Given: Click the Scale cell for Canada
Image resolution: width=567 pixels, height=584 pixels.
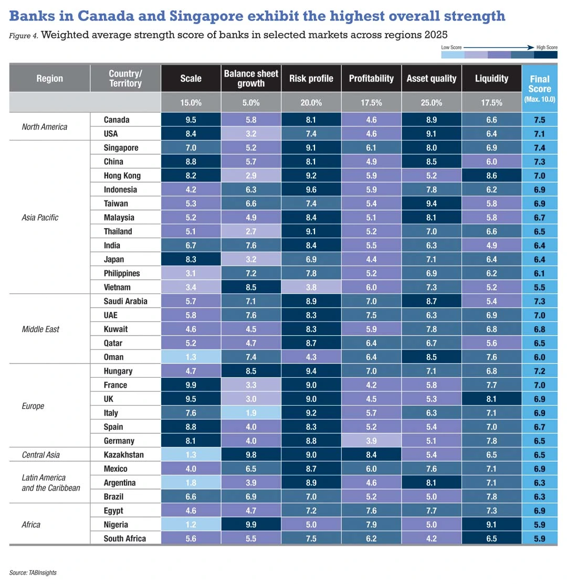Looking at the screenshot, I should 191,120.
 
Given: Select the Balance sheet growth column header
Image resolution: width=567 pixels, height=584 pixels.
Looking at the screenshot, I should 251,78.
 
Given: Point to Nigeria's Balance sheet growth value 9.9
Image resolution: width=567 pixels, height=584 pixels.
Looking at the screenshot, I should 251,524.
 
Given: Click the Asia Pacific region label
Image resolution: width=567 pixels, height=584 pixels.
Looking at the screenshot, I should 40,217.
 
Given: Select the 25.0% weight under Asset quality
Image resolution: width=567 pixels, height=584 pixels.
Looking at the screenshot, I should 432,103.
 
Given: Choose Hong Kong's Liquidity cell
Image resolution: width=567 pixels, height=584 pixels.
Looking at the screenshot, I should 491,176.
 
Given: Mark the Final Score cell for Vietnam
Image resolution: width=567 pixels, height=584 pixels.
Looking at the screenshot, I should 539,288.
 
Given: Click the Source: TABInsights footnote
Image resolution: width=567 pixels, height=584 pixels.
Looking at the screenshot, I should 33,572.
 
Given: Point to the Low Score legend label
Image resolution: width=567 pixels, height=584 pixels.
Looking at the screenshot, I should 451,47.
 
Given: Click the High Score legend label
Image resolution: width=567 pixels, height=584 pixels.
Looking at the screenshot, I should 546,47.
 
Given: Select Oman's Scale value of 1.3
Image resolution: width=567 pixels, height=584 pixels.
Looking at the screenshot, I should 191,357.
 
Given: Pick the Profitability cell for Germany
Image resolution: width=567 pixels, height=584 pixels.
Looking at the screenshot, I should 371,441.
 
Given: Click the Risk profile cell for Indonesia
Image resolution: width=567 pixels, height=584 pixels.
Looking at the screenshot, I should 311,189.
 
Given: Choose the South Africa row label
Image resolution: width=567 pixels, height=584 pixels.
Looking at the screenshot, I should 125,538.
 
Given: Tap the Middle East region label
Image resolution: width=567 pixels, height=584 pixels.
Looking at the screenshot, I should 40,330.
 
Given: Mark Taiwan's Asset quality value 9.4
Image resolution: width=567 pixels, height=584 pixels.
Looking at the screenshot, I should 432,204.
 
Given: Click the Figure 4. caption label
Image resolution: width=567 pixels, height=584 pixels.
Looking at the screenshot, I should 23,36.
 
